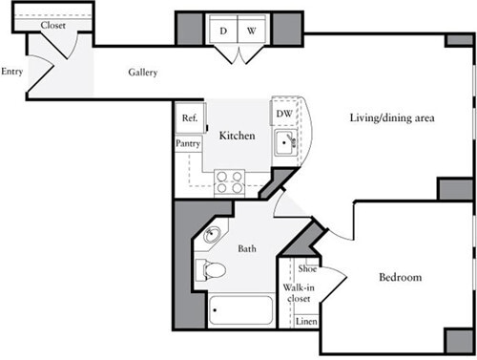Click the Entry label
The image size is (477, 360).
pos(12,72)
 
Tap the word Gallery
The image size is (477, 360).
pos(143,73)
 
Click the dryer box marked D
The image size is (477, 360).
pos(223,31)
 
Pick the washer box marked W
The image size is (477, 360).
pos(251,31)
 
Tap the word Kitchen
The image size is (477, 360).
pos(237,137)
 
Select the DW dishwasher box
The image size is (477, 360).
pos(283,114)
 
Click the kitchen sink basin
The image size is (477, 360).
pos(284,144)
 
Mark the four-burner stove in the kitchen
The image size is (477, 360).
pos(229,181)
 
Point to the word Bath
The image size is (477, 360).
pos(246,249)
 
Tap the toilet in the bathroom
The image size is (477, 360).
pos(211,270)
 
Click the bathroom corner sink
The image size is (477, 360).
pos(211,236)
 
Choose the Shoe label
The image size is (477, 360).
pos(307,270)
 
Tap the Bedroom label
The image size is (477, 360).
pos(400,278)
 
